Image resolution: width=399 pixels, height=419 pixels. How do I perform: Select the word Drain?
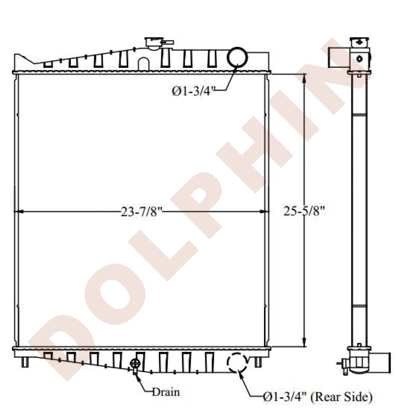[x=166, y=392]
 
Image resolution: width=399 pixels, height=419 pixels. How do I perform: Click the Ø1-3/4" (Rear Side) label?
[x=317, y=396]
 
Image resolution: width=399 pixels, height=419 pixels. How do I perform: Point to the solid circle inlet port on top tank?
[x=237, y=57]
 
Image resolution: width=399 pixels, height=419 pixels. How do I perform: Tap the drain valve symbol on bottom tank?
[x=135, y=365]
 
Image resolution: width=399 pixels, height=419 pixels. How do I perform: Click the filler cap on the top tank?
[x=153, y=43]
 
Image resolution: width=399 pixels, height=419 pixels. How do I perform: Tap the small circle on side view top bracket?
[x=359, y=59]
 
